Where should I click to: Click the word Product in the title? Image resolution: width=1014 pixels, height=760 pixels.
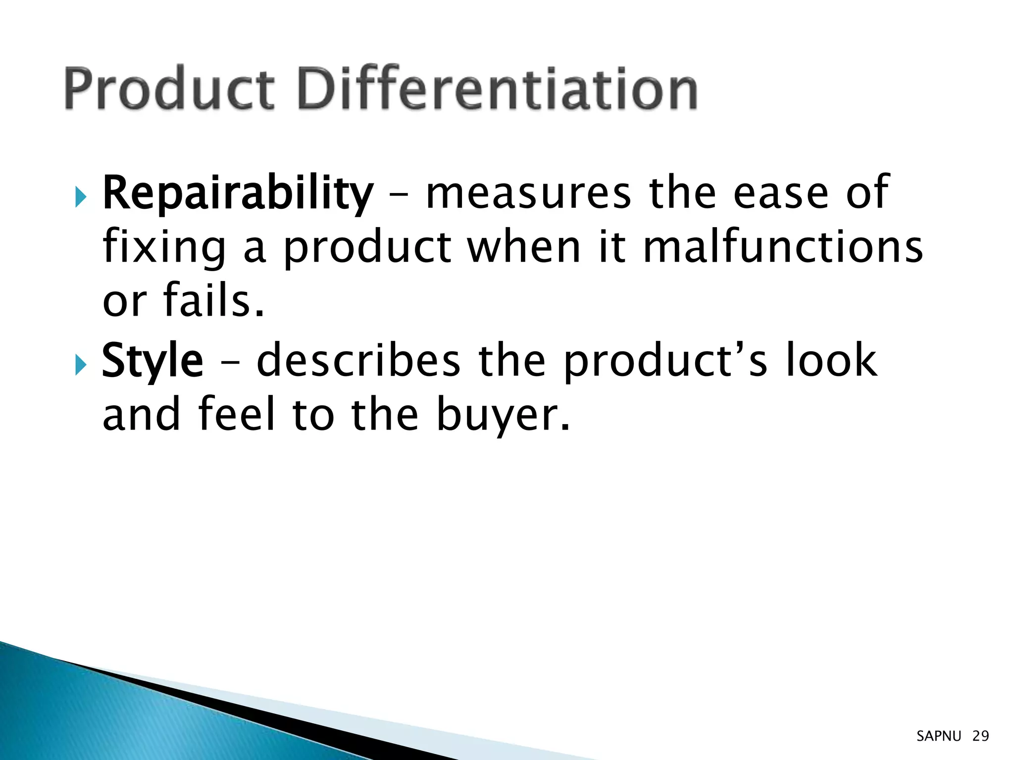(169, 89)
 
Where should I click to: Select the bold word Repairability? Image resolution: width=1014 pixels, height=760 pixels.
(238, 193)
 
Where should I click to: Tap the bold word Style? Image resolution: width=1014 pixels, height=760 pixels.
(152, 361)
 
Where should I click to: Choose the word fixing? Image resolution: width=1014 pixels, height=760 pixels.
(164, 248)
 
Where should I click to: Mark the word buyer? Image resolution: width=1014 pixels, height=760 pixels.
(503, 415)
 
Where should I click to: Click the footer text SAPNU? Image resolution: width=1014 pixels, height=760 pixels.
(938, 736)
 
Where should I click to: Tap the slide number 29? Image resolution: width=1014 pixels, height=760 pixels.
(980, 736)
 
